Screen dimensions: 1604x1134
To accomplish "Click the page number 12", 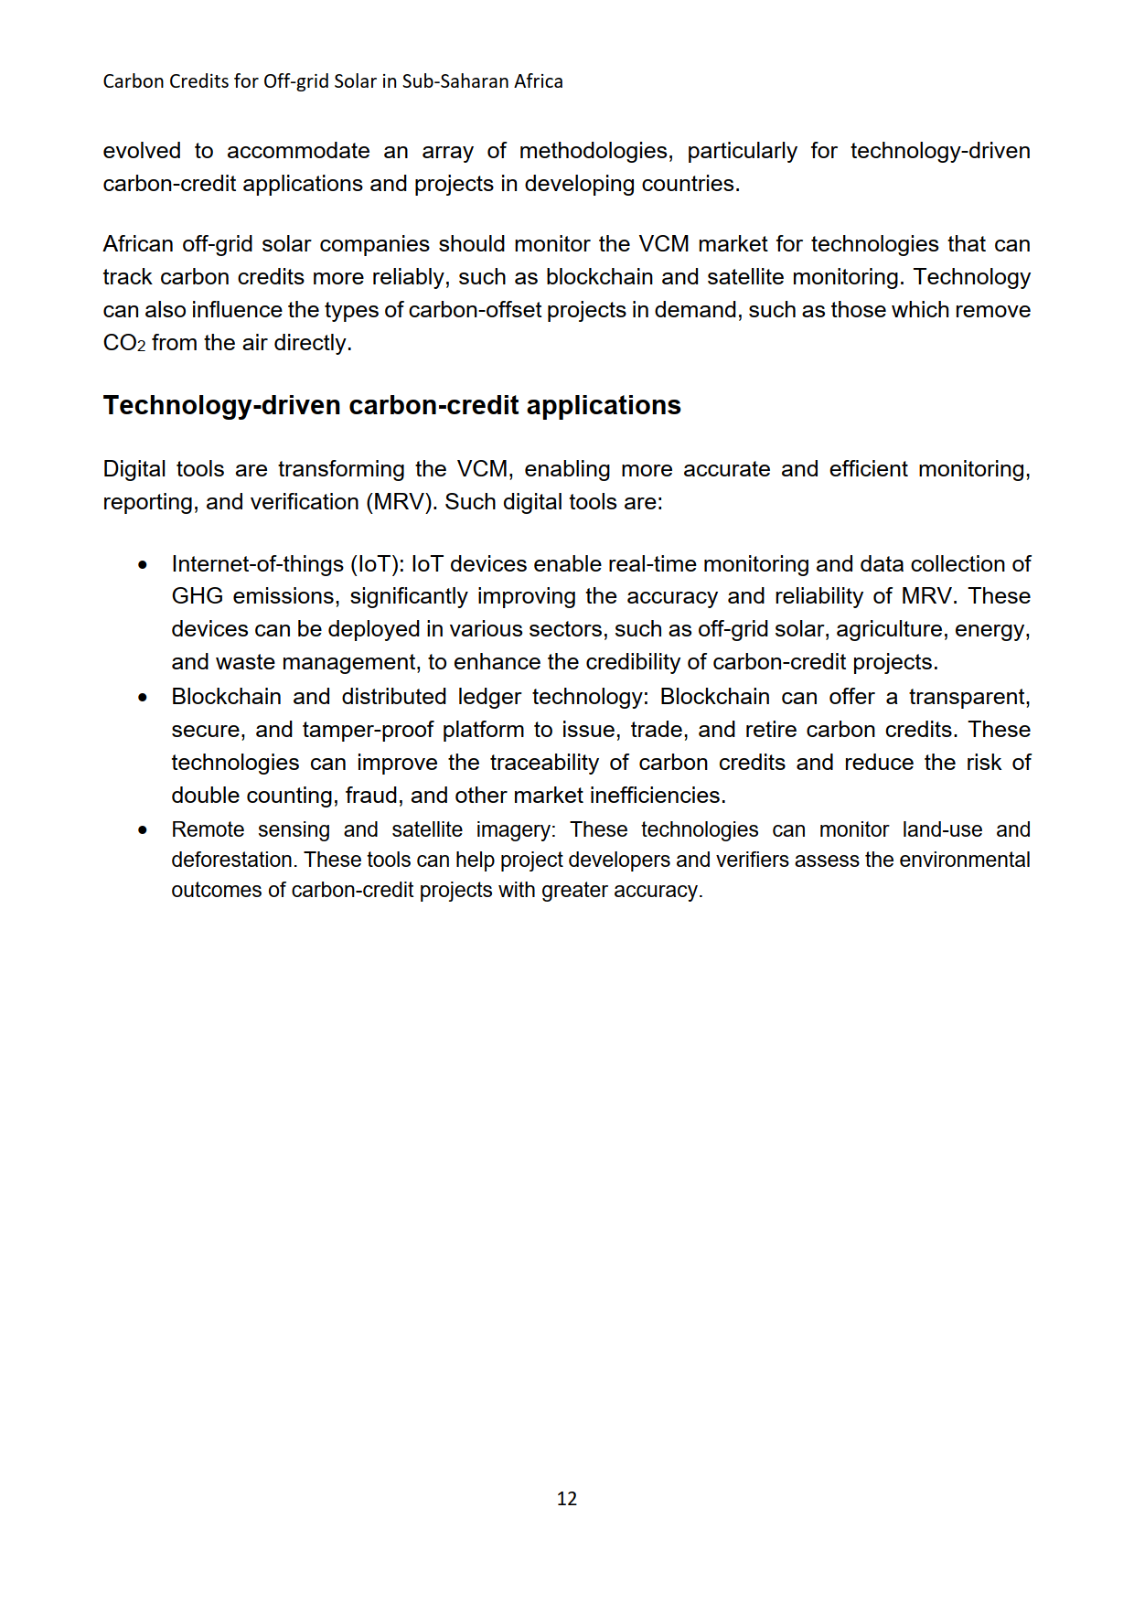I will pyautogui.click(x=566, y=1498).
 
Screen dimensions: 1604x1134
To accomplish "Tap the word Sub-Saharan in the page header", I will pyautogui.click(x=457, y=81).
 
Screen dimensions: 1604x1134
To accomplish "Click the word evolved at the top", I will pyautogui.click(x=142, y=151).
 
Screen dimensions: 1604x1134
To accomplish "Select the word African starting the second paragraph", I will pyautogui.click(x=138, y=244).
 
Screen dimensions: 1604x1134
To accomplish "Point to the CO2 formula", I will pyautogui.click(x=123, y=343).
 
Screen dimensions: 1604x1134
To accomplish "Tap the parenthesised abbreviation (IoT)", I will pyautogui.click(x=376, y=564).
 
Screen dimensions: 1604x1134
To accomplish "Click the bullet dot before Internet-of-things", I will pyautogui.click(x=143, y=565).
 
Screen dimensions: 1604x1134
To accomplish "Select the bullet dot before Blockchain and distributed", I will pyautogui.click(x=143, y=698).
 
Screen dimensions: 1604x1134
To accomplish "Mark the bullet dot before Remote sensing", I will pyautogui.click(x=143, y=830).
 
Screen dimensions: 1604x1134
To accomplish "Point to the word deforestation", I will pyautogui.click(x=234, y=861).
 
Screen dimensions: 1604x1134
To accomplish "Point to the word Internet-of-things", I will pyautogui.click(x=257, y=564).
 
